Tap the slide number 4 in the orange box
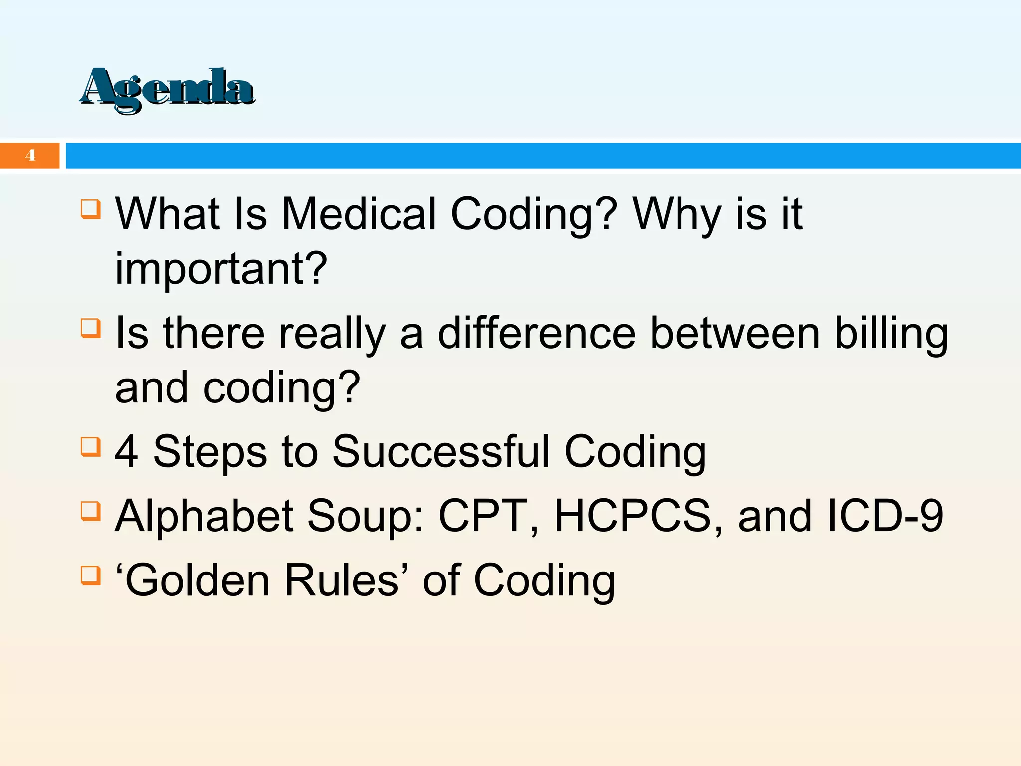click(x=30, y=155)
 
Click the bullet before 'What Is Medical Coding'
click(x=90, y=209)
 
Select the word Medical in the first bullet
click(x=359, y=214)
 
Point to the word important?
click(x=221, y=269)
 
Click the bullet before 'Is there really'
click(x=90, y=328)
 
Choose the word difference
click(x=536, y=333)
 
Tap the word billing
click(x=891, y=333)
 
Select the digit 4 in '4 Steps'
click(x=126, y=451)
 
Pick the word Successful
click(x=441, y=451)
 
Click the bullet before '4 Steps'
click(x=90, y=447)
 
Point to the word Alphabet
click(x=204, y=516)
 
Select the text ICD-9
click(x=884, y=516)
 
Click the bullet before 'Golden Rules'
click(x=90, y=575)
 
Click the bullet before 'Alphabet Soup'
click(x=90, y=511)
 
